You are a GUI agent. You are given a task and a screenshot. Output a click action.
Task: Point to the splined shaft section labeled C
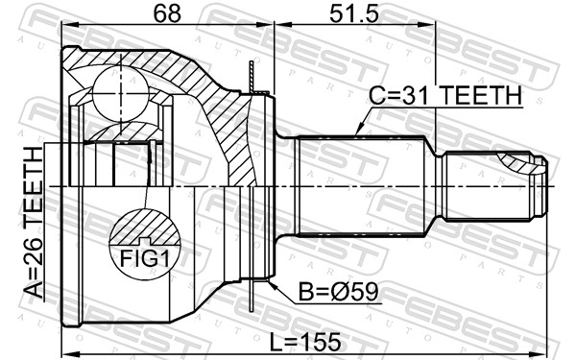pyautogui.click(x=360, y=187)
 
